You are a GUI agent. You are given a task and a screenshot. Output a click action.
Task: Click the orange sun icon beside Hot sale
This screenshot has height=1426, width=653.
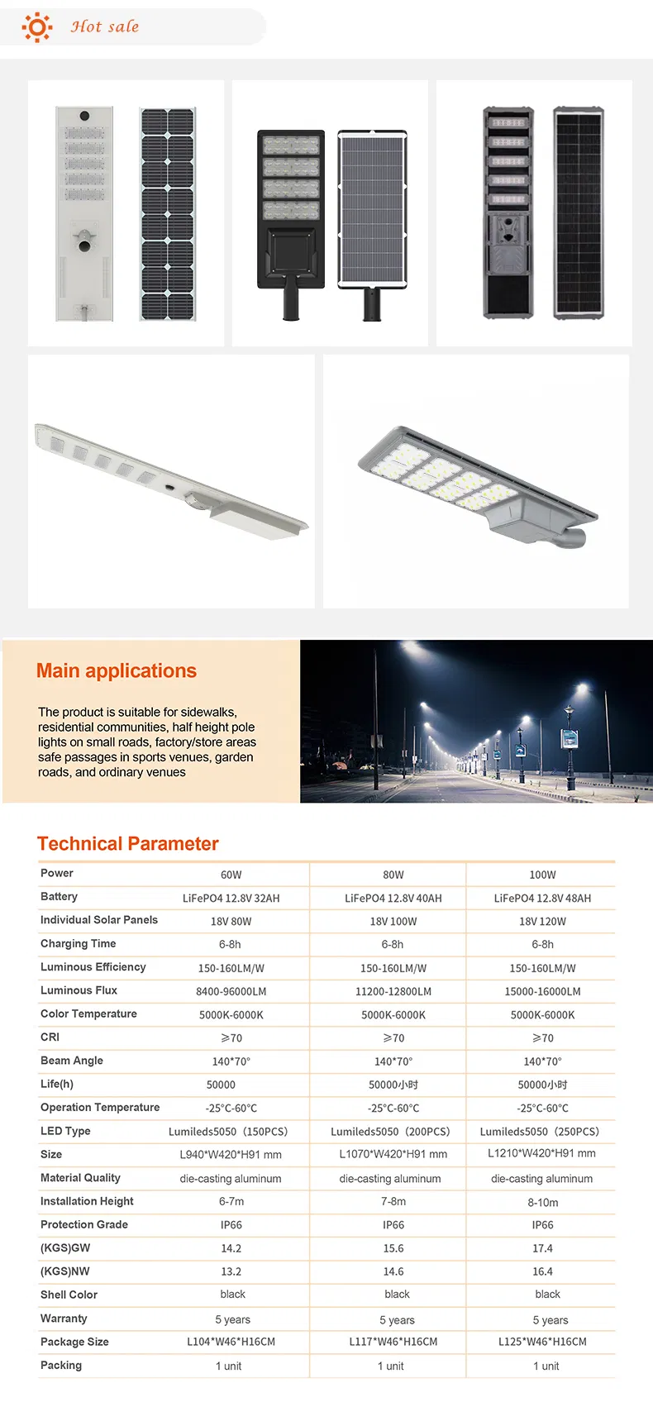click(36, 27)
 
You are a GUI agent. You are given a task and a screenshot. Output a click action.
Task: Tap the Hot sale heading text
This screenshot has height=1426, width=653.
click(104, 27)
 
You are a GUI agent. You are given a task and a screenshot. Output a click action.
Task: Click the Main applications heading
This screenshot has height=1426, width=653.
click(117, 670)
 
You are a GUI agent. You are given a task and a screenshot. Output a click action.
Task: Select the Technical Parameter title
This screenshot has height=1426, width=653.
click(128, 844)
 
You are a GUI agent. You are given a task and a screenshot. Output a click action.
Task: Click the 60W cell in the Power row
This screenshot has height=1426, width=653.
click(231, 875)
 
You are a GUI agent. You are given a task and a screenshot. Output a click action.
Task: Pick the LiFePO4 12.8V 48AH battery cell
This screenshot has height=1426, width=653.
click(542, 898)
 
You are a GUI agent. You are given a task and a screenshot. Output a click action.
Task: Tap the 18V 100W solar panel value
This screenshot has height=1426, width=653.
click(393, 922)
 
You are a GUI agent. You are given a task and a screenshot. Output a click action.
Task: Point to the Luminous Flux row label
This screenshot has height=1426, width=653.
click(79, 990)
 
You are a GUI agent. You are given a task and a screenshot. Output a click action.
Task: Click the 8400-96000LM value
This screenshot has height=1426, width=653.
click(231, 991)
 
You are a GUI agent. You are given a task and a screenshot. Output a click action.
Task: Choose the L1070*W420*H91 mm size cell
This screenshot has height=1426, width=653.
click(393, 1154)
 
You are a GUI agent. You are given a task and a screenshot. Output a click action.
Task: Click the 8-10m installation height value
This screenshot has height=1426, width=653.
click(542, 1203)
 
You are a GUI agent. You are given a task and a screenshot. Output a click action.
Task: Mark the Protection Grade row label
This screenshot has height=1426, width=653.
click(84, 1224)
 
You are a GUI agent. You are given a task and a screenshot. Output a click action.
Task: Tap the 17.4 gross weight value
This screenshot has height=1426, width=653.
click(542, 1248)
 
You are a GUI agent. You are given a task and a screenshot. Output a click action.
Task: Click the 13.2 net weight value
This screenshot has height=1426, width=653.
click(231, 1272)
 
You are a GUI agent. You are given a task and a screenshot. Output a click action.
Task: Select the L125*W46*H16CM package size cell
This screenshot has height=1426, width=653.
click(542, 1342)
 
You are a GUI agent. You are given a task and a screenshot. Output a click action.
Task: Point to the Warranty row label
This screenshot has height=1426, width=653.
click(64, 1319)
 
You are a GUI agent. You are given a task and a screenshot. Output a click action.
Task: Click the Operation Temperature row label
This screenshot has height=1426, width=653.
click(100, 1108)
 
